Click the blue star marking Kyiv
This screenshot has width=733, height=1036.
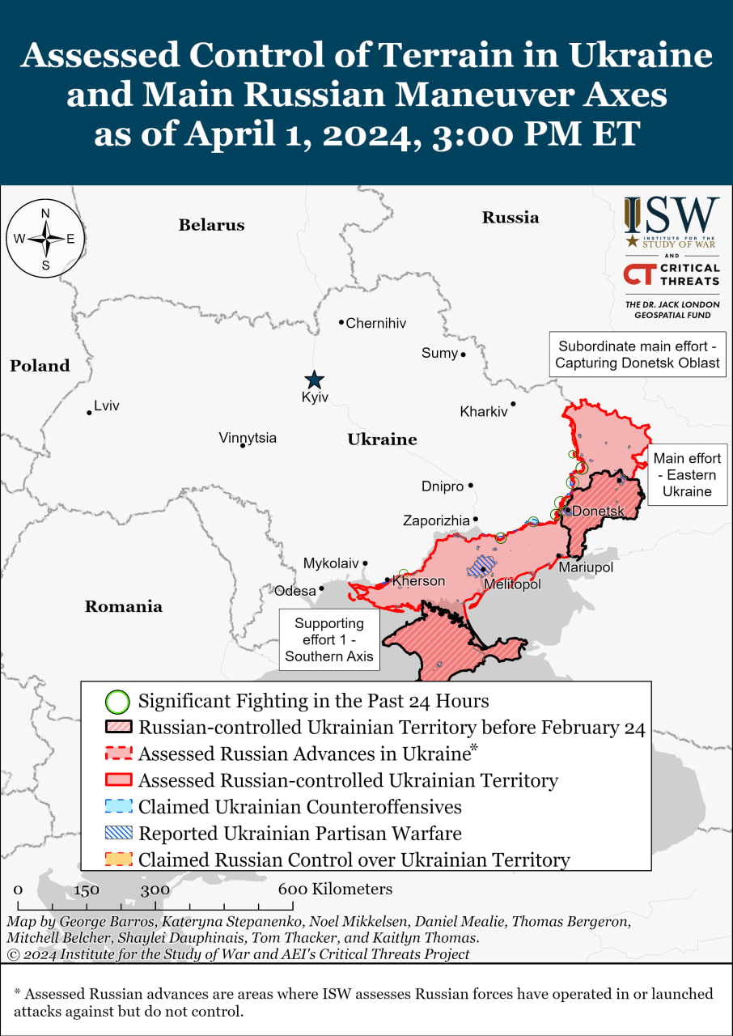tap(314, 380)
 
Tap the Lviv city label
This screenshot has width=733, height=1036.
tap(106, 405)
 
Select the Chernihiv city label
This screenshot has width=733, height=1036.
tap(375, 323)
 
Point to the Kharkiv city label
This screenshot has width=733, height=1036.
tap(483, 411)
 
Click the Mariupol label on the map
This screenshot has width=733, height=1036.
tap(586, 567)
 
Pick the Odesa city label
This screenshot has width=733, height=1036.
tap(295, 591)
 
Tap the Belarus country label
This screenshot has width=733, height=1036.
tap(211, 225)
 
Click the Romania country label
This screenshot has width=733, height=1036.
tap(123, 606)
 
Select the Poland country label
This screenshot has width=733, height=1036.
tap(40, 366)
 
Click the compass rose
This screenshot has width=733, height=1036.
tap(45, 239)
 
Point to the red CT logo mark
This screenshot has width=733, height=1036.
tap(638, 274)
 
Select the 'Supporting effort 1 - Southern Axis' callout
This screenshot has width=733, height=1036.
tap(328, 639)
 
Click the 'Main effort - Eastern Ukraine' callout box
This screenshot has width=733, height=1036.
tap(687, 474)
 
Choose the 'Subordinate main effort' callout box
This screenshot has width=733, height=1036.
tap(637, 354)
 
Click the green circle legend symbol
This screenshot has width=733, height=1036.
tap(118, 701)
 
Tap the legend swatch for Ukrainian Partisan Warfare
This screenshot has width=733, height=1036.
tap(118, 833)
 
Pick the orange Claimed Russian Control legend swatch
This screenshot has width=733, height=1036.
tap(118, 860)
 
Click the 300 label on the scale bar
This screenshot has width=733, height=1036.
tap(155, 890)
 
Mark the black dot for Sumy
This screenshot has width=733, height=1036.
tap(464, 355)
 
